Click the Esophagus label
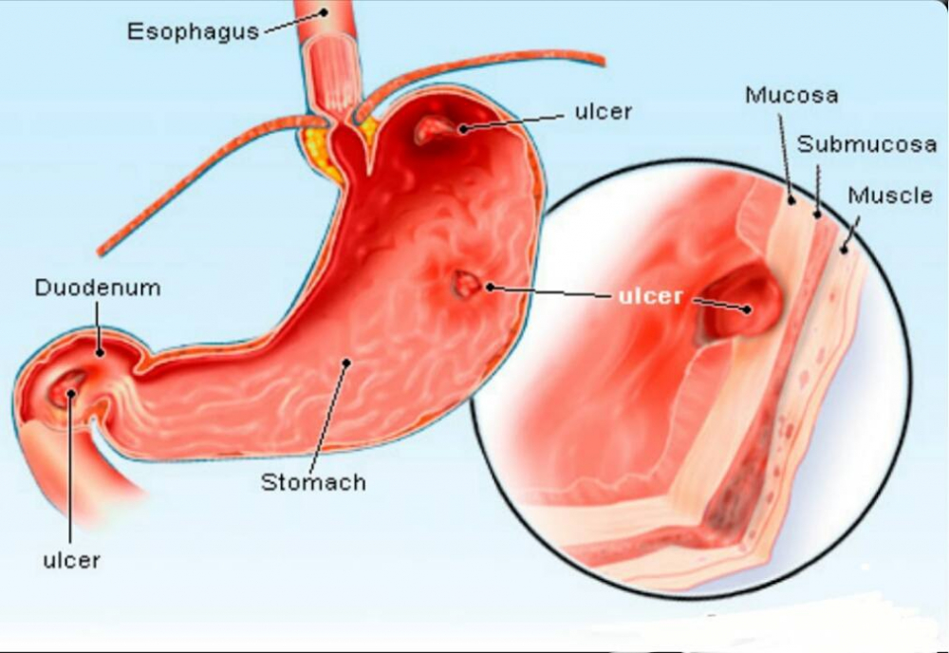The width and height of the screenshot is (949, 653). (193, 31)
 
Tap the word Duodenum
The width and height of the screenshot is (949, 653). (98, 288)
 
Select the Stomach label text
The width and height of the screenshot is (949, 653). (313, 482)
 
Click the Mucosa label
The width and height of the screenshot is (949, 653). (791, 95)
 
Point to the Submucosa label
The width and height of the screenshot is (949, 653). (866, 144)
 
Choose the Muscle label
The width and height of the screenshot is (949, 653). (890, 195)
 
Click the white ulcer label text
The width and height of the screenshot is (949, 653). (651, 296)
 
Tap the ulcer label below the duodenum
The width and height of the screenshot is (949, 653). (71, 560)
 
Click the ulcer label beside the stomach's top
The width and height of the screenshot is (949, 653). (603, 111)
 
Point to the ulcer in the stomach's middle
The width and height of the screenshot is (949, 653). (467, 285)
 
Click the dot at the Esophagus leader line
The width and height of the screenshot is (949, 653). (325, 11)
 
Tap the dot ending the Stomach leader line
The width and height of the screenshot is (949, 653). (346, 364)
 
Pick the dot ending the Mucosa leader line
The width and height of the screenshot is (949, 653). (791, 199)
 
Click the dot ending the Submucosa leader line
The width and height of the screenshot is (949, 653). (817, 214)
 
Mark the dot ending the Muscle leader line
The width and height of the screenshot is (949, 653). (844, 249)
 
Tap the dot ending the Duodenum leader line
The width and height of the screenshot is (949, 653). (100, 352)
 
